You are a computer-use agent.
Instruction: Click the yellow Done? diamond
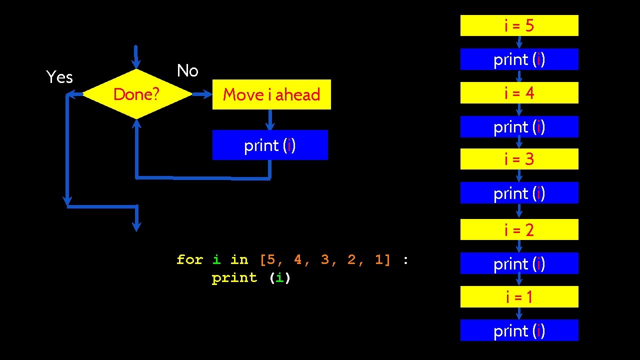click(x=136, y=94)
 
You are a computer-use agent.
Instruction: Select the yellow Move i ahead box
click(x=271, y=94)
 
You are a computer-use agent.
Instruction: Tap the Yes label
click(x=59, y=77)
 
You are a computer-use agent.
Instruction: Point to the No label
click(x=187, y=71)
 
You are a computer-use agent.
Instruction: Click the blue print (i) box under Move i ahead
click(x=270, y=145)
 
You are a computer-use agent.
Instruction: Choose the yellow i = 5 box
click(x=519, y=25)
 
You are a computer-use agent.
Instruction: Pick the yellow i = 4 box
click(x=519, y=93)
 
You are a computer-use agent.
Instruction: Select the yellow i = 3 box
click(x=519, y=159)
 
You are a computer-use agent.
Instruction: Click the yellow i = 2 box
click(x=519, y=229)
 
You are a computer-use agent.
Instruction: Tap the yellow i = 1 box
click(x=519, y=297)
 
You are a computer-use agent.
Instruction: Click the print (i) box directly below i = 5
click(x=519, y=59)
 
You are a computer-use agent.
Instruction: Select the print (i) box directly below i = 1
click(x=519, y=330)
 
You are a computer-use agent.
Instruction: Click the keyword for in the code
click(x=190, y=260)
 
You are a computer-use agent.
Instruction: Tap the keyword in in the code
click(x=239, y=260)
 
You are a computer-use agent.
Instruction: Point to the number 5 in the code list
click(x=270, y=260)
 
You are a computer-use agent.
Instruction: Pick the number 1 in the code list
click(x=379, y=260)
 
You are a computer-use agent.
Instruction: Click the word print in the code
click(x=234, y=278)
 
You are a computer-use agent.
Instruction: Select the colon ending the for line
click(x=405, y=260)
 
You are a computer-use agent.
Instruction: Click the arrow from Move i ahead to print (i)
click(x=270, y=120)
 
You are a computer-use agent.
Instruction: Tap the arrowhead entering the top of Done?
click(x=136, y=63)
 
